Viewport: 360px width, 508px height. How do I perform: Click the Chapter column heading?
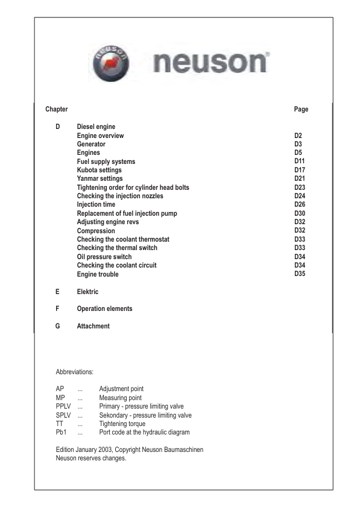pos(57,109)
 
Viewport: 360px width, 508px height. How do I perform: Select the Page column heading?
pos(301,109)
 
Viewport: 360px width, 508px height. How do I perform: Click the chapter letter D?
pos(58,127)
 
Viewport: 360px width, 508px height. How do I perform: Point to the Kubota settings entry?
pos(99,171)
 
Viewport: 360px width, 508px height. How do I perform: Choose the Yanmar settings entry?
pos(99,179)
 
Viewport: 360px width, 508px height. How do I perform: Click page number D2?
pos(298,136)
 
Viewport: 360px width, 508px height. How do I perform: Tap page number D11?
pos(300,162)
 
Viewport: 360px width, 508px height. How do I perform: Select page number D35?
pos(300,275)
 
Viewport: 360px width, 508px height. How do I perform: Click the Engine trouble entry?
pos(98,275)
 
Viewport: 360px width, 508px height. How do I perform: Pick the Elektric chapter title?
pos(87,292)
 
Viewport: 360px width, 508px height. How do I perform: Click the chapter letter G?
pos(58,326)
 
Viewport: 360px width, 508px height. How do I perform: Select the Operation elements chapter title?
pos(104,309)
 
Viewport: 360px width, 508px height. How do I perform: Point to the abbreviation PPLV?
pos(63,407)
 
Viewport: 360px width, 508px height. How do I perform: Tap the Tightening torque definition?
pos(122,424)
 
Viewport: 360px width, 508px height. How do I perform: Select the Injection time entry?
pos(96,205)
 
